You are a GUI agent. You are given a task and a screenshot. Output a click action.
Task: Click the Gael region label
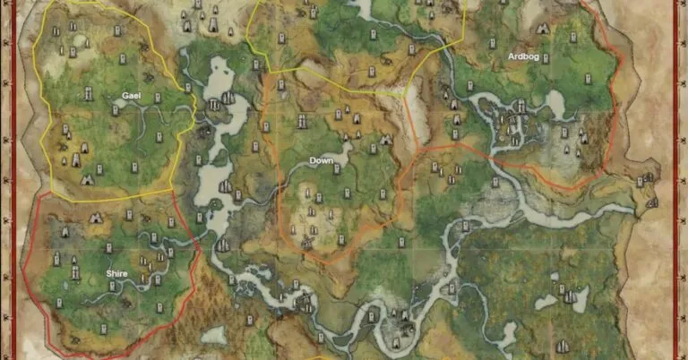pos(132,95)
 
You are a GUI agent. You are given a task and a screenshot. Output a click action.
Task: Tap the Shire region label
pos(116,273)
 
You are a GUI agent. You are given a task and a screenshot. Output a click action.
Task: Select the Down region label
pos(321,161)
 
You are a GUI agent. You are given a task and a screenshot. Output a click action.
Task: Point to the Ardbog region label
pos(524,56)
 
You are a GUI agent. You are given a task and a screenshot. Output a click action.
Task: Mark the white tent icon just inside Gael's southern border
pos(87,179)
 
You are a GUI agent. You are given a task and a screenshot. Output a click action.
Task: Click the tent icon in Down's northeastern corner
pos(386,140)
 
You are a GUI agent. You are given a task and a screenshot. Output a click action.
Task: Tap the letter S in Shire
pos(107,273)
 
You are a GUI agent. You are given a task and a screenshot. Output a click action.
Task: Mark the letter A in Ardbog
pos(511,56)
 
